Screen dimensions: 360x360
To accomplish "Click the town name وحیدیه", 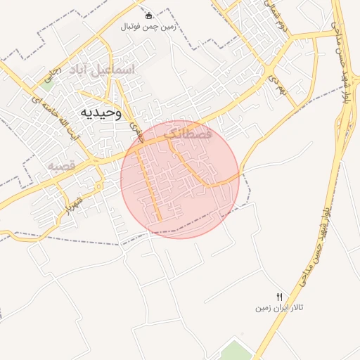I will (102, 112).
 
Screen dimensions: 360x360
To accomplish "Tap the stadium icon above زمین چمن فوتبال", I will (148, 15).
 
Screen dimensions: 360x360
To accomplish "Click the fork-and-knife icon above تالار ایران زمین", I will (279, 297).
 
